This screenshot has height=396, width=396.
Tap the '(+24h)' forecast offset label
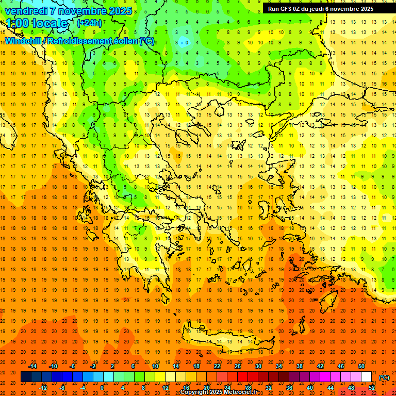(x=89, y=23)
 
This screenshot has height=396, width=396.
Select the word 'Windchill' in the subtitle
(x=24, y=41)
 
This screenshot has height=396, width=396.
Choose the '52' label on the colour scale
(x=372, y=387)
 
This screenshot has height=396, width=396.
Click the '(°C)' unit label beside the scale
(x=384, y=377)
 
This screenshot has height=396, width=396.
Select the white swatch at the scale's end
(x=366, y=377)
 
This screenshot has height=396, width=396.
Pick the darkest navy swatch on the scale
(x=26, y=377)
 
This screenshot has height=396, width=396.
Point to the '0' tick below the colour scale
(x=102, y=387)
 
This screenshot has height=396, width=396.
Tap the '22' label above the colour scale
(x=217, y=366)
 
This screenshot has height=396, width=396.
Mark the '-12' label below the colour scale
(x=43, y=387)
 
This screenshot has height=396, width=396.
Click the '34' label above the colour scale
(x=279, y=366)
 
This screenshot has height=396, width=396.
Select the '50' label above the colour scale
(x=361, y=366)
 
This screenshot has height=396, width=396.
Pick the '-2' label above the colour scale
(x=93, y=366)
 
